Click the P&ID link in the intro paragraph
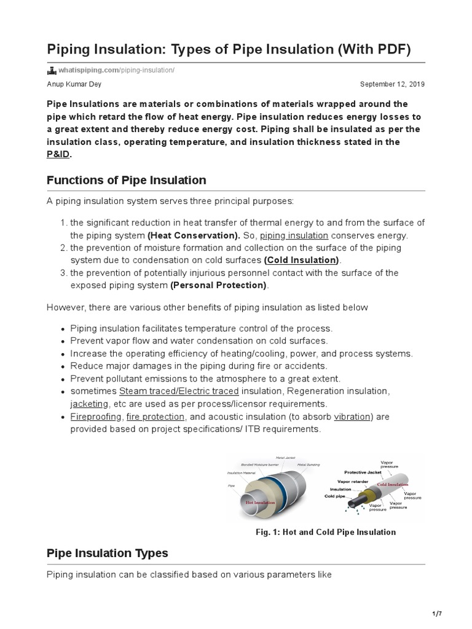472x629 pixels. (x=58, y=155)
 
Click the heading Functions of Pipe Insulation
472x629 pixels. (x=126, y=181)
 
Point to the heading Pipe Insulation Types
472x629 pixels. (x=107, y=553)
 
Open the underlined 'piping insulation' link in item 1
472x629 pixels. (x=294, y=235)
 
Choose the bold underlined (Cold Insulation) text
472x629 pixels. (x=301, y=260)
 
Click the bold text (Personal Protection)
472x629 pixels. (x=219, y=285)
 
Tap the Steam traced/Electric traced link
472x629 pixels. (x=179, y=391)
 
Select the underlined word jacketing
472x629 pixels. (x=89, y=404)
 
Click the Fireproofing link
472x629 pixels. (x=96, y=416)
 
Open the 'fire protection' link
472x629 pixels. (x=155, y=416)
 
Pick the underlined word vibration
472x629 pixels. (x=352, y=416)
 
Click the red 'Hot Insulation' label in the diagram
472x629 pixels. (x=260, y=502)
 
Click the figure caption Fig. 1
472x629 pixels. (x=326, y=532)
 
